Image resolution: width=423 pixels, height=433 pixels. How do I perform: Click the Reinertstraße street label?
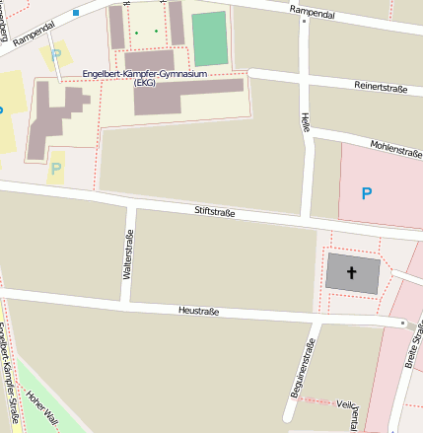click(x=380, y=88)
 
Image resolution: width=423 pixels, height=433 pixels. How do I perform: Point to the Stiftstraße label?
click(x=215, y=211)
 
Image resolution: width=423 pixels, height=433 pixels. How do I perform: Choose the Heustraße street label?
click(x=198, y=312)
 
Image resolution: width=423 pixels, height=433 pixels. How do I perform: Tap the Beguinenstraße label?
click(x=308, y=369)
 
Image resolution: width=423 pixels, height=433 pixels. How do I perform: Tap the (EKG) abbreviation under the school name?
click(x=145, y=83)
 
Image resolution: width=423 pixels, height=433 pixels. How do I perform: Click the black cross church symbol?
click(x=352, y=271)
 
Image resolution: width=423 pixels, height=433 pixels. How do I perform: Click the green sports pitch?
click(x=209, y=38)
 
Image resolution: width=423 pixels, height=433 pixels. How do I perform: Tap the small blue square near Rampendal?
click(x=76, y=13)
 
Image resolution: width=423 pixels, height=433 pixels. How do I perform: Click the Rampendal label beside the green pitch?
click(x=313, y=10)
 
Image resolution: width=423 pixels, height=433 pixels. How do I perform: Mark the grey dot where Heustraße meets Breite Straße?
click(x=403, y=323)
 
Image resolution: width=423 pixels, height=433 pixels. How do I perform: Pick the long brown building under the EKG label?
click(x=187, y=97)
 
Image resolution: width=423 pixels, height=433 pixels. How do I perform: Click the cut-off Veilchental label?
click(x=345, y=403)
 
